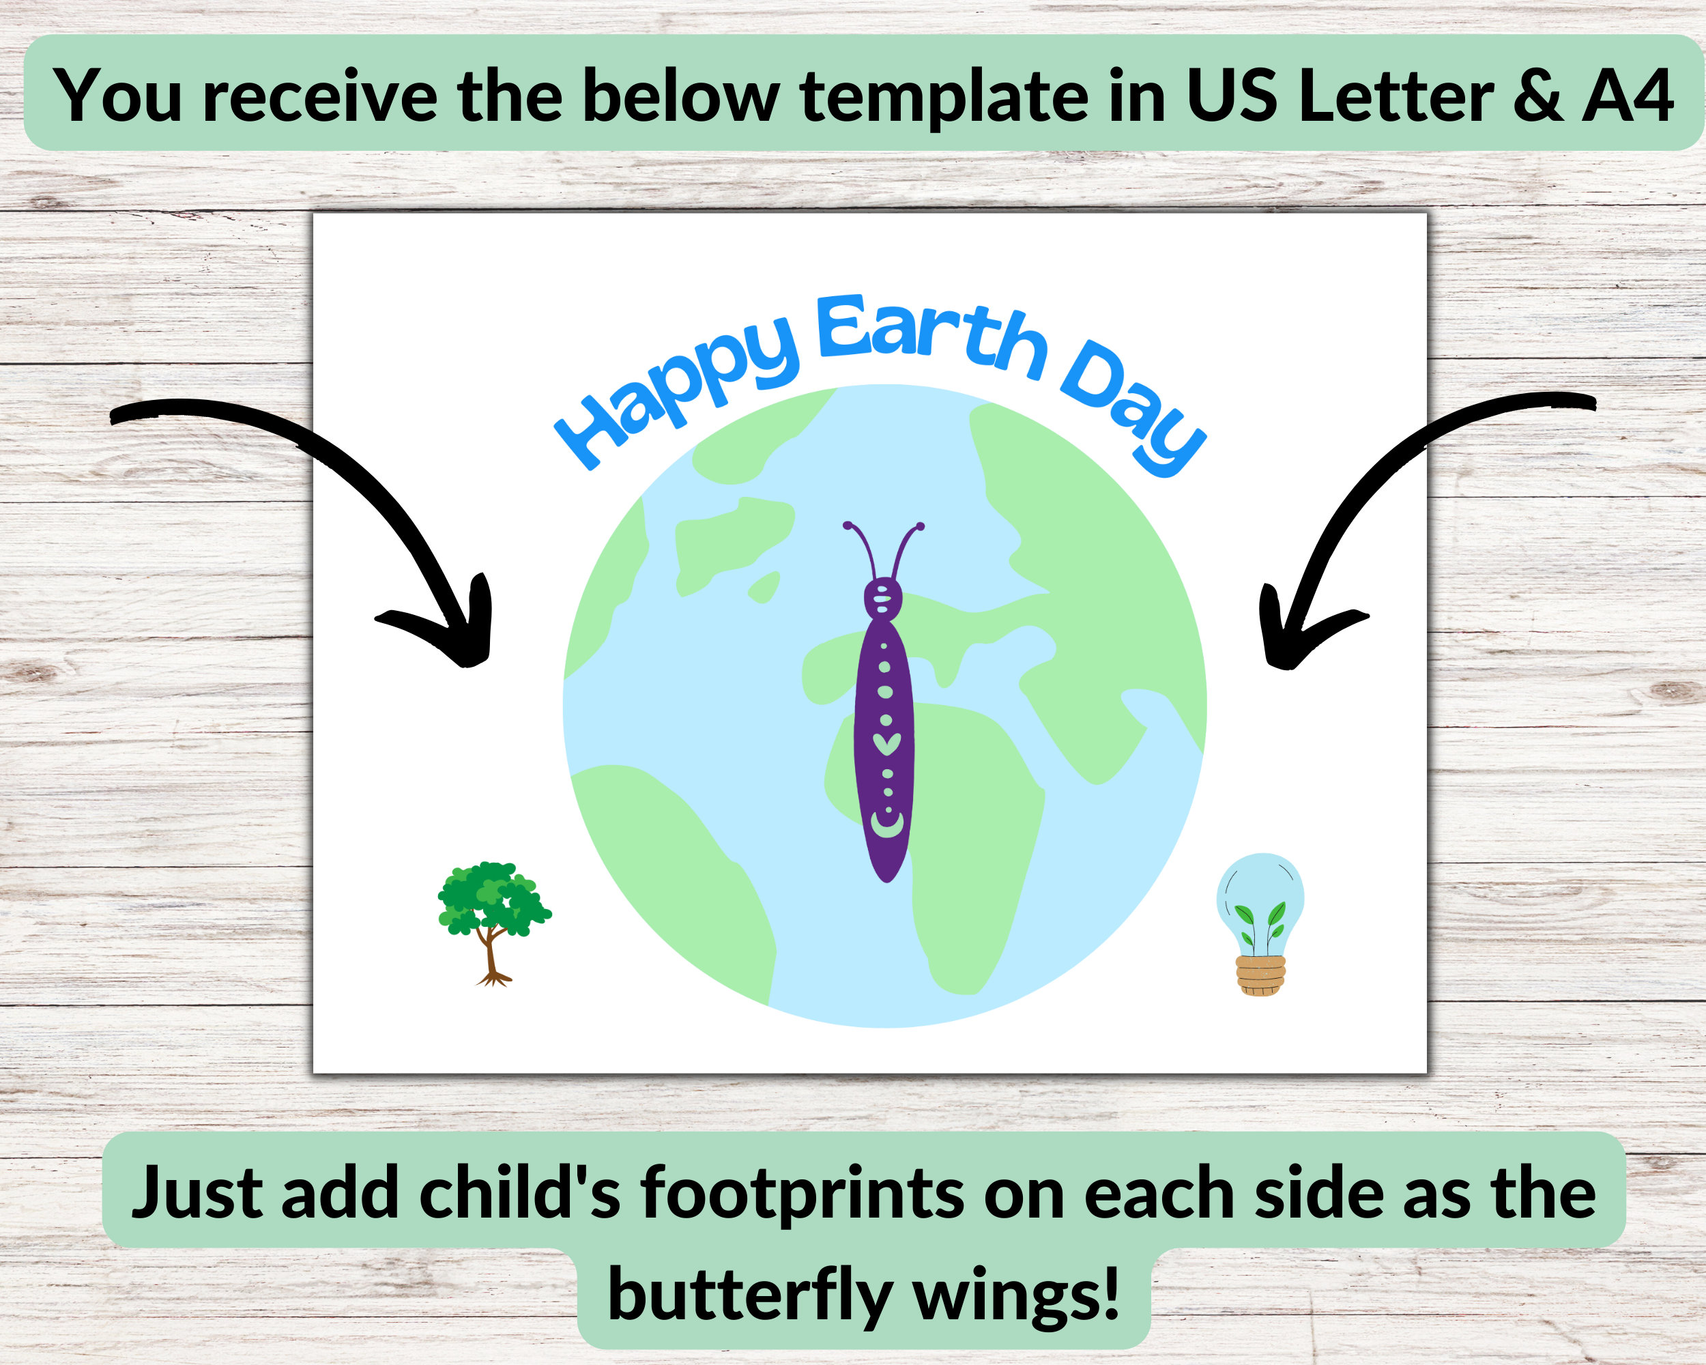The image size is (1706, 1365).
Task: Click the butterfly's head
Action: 883,599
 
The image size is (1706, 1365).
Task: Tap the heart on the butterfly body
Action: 886,744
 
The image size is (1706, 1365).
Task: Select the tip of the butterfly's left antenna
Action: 848,526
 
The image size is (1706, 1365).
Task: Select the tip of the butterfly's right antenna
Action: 921,526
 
